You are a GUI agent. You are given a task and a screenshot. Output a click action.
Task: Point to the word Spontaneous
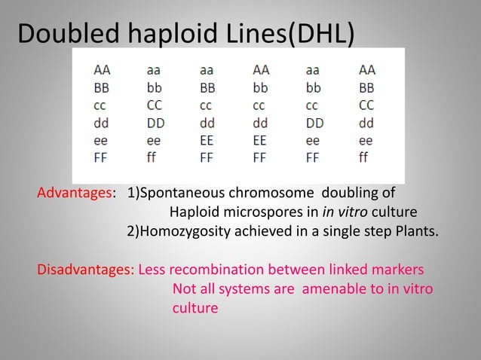(x=184, y=192)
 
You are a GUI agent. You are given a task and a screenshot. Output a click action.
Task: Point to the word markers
(x=398, y=270)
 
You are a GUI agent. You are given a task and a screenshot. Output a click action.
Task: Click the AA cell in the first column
(x=101, y=69)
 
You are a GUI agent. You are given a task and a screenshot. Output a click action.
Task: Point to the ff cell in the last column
(x=366, y=159)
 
